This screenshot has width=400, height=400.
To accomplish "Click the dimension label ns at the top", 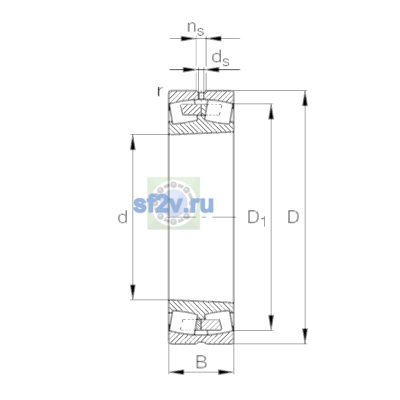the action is tap(196, 29).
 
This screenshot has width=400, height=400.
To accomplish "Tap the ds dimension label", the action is tap(220, 59).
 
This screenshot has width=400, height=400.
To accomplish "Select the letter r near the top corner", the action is tap(160, 91).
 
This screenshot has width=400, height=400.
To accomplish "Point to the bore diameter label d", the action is tap(122, 217).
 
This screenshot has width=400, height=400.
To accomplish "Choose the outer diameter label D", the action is tap(293, 217).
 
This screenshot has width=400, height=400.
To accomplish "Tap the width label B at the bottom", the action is tap(201, 362).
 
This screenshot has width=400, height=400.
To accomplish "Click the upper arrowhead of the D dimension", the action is tap(305, 98).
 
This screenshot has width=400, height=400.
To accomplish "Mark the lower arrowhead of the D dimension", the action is tap(305, 336).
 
